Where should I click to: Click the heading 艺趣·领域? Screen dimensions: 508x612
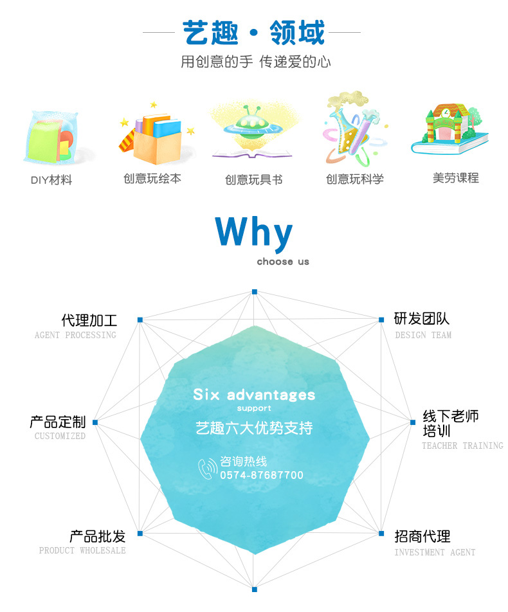click(253, 32)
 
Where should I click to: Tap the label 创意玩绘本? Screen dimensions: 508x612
click(152, 179)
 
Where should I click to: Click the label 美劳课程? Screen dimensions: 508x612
click(455, 178)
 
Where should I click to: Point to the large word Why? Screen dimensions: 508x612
click(254, 232)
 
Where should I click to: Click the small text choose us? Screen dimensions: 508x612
click(283, 262)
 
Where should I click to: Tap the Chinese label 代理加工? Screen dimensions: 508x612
click(89, 319)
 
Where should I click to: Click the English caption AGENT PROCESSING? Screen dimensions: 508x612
click(75, 335)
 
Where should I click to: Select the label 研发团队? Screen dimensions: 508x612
click(422, 319)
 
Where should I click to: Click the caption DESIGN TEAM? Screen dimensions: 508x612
click(423, 335)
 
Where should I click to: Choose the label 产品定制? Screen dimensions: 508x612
click(58, 422)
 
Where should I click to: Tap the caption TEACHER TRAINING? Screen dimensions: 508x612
click(462, 446)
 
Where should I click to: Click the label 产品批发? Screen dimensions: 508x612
click(98, 535)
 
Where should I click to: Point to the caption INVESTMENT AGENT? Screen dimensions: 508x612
click(435, 552)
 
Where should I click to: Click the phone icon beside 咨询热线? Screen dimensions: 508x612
click(208, 469)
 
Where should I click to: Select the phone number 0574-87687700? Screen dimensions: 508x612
click(262, 476)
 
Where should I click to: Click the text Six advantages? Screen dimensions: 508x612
click(254, 394)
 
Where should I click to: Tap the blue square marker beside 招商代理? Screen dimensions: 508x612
click(380, 533)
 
